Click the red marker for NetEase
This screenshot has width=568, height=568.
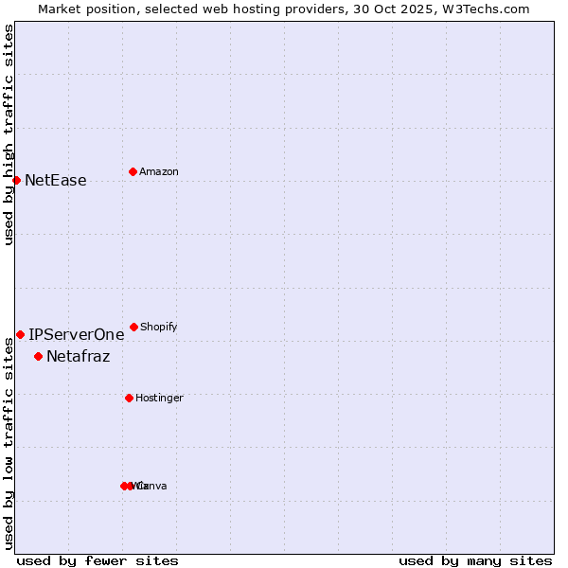[x=16, y=180]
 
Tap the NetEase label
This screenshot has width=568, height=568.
[x=55, y=180]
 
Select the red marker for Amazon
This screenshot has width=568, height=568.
[x=133, y=171]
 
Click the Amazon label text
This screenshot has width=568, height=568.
[x=158, y=171]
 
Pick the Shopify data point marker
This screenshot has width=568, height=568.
[x=133, y=327]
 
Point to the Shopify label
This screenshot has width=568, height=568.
[x=158, y=327]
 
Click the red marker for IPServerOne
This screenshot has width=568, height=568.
[x=20, y=334]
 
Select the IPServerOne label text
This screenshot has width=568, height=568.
[x=76, y=334]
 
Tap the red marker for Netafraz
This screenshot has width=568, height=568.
[x=38, y=356]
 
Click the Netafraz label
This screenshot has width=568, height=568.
[x=78, y=356]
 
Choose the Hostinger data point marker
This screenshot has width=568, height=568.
[x=129, y=398]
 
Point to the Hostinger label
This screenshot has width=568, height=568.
[x=159, y=398]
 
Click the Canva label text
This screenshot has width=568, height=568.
[x=153, y=486]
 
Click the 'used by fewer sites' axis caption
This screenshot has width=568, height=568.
[x=98, y=560]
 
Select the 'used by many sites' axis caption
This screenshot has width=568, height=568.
[x=475, y=560]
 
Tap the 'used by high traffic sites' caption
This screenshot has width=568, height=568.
[x=9, y=134]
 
